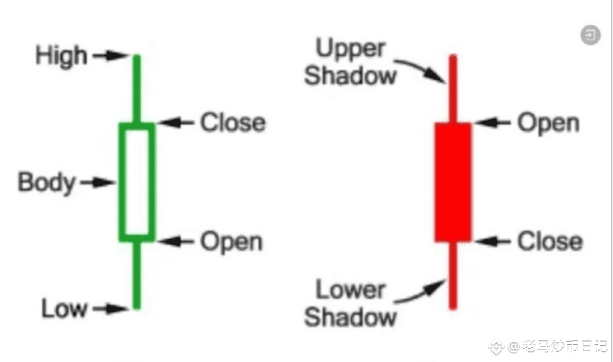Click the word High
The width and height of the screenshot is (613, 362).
pos(62,56)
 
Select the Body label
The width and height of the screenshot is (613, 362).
pos(47,182)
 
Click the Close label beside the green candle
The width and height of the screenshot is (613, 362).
pos(233,123)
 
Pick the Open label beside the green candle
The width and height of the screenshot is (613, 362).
pos(231,242)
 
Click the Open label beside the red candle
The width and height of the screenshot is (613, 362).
pos(548,123)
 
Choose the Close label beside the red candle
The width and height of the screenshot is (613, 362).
pos(550,242)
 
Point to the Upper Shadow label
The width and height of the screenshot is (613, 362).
pos(351,62)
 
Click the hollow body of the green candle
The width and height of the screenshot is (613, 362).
pos(137,182)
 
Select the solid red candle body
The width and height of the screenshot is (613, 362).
pos(453,182)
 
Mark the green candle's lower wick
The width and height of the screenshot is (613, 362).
pos(136,275)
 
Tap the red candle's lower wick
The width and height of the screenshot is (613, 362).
pos(453,275)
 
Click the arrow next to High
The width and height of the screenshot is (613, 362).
pos(110,56)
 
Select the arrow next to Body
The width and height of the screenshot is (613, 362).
pos(97,182)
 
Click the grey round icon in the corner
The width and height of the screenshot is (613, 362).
pos(590,35)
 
